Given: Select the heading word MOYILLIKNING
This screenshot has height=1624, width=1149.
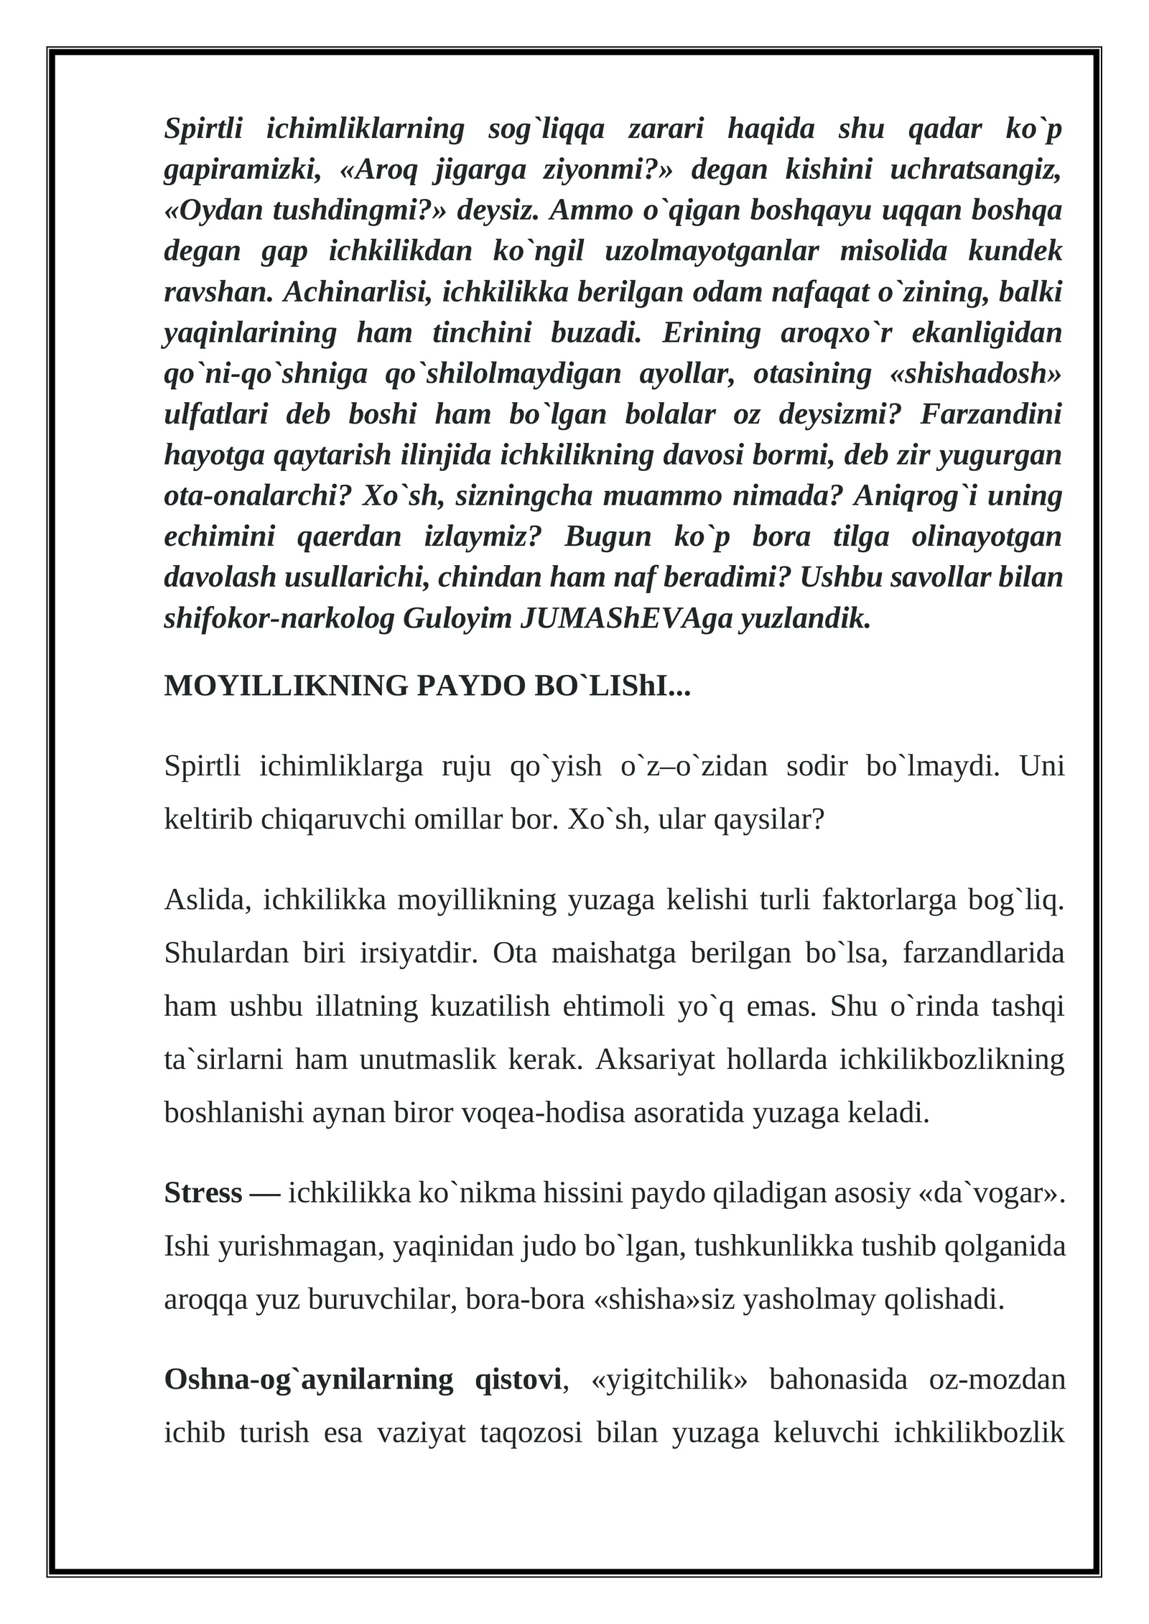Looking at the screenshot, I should pyautogui.click(x=286, y=686).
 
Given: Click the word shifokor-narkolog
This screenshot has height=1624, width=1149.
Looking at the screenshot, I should pyautogui.click(x=279, y=619).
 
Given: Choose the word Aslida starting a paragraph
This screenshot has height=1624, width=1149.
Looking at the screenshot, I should pyautogui.click(x=208, y=900).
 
